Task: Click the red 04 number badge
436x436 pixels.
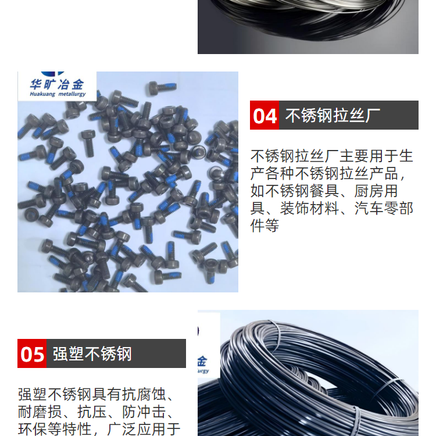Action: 264,115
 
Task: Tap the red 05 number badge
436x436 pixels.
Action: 32,353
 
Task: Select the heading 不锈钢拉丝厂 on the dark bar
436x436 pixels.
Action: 333,116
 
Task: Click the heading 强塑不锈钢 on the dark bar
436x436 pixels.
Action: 92,353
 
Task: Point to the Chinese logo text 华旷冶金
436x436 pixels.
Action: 57,84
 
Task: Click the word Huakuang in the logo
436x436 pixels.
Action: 42,94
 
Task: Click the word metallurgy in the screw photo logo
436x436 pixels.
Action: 72,94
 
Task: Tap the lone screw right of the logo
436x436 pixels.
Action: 162,87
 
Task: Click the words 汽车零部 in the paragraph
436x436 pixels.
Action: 384,208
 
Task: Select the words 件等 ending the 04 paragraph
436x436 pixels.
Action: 265,226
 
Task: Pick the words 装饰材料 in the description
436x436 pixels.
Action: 309,208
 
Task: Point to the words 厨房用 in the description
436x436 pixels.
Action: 376,191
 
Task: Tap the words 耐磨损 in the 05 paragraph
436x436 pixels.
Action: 40,412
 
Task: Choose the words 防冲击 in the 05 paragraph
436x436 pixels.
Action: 144,412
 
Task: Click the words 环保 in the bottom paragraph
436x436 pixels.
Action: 33,429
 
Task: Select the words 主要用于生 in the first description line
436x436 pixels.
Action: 376,156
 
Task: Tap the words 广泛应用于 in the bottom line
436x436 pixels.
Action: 144,429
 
